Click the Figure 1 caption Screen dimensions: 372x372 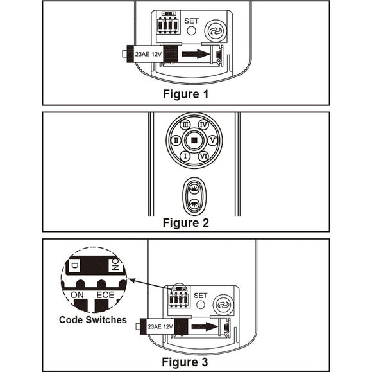[x=185, y=93]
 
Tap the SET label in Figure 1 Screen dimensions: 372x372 [x=192, y=21]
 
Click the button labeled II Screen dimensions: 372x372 [x=174, y=139]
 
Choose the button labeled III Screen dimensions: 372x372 [x=185, y=124]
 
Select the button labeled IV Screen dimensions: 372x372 [x=203, y=124]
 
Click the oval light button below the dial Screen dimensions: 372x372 [x=194, y=194]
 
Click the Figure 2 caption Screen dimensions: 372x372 [x=185, y=224]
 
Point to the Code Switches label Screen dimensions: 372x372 [x=93, y=319]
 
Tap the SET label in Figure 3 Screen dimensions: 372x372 [x=199, y=295]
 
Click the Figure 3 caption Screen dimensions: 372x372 [x=185, y=362]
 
